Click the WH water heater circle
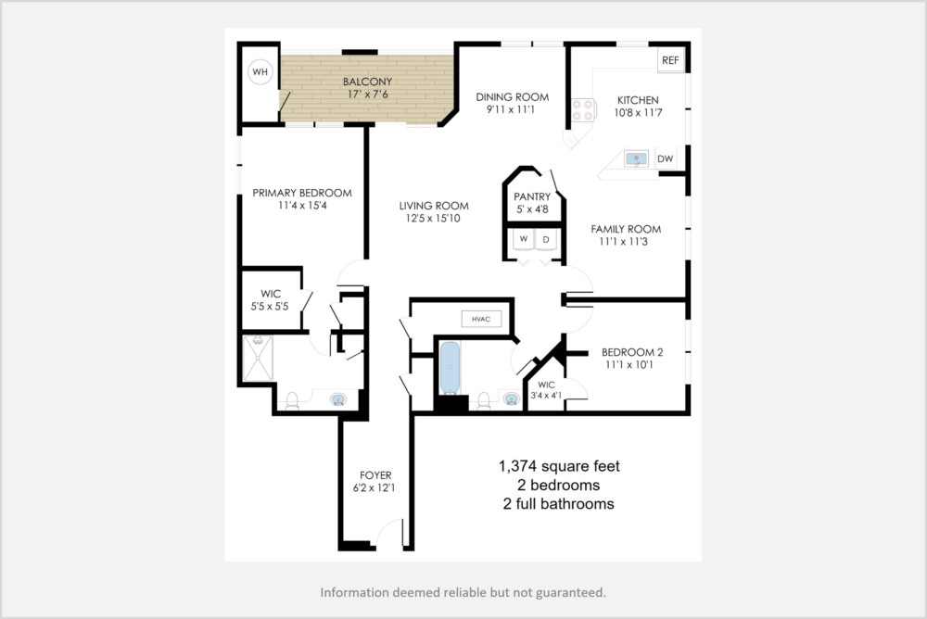click(x=260, y=72)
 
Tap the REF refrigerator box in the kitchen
click(x=670, y=60)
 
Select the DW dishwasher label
click(x=665, y=158)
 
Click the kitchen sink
click(x=636, y=158)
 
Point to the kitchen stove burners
click(x=583, y=110)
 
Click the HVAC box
click(x=481, y=320)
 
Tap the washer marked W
click(x=523, y=239)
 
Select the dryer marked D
click(x=546, y=239)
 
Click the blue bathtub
click(x=450, y=368)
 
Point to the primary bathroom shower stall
click(x=259, y=359)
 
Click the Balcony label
click(x=368, y=82)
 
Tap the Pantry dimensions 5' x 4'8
click(x=532, y=209)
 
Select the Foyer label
click(x=375, y=475)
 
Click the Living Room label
click(x=434, y=206)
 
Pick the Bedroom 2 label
click(x=632, y=352)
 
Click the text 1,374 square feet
click(x=559, y=466)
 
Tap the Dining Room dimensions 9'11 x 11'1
click(x=511, y=109)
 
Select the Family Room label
click(x=626, y=229)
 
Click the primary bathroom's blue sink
click(x=338, y=399)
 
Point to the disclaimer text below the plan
click(x=463, y=592)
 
